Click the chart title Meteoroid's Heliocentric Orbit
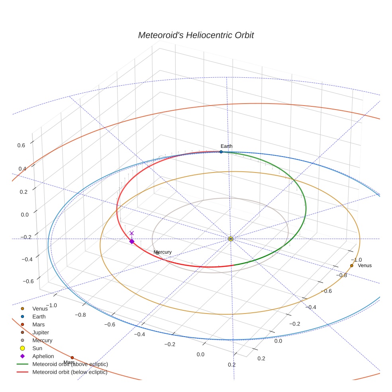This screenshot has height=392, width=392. (x=196, y=35)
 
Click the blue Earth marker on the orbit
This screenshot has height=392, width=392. (x=221, y=152)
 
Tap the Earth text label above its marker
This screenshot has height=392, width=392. (x=226, y=146)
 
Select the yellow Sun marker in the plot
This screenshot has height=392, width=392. (x=231, y=239)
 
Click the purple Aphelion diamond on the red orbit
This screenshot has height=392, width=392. (x=132, y=241)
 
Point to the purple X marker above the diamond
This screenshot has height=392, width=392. (x=132, y=233)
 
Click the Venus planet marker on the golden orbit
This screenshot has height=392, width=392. (x=351, y=266)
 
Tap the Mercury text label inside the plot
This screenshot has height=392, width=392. (x=163, y=252)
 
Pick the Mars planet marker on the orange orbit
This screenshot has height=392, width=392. (x=72, y=357)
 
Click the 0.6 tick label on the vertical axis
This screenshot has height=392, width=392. (x=21, y=145)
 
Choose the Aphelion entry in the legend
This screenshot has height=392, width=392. (x=43, y=356)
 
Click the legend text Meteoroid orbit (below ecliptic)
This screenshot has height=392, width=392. (x=70, y=372)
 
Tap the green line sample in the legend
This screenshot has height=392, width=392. (x=22, y=364)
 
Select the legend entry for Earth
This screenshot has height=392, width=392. (x=39, y=317)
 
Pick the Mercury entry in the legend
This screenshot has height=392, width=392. (x=42, y=340)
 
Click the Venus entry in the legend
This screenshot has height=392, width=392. (x=40, y=309)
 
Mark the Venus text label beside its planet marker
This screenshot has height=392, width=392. (x=365, y=266)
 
